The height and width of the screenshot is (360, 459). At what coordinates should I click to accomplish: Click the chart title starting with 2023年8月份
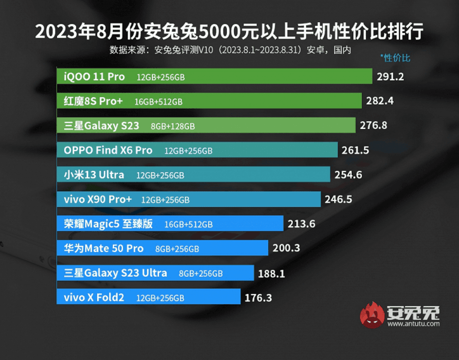click(x=229, y=32)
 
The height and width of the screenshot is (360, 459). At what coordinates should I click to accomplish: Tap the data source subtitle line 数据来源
click(x=230, y=50)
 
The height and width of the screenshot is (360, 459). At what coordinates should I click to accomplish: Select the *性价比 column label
click(x=396, y=58)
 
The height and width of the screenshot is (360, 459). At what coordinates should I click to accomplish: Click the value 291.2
click(x=390, y=77)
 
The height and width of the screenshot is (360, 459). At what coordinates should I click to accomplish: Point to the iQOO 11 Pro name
click(x=94, y=76)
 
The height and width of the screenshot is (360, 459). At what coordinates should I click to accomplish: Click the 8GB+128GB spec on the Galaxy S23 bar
click(x=173, y=126)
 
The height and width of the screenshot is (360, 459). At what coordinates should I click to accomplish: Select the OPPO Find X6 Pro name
click(x=108, y=150)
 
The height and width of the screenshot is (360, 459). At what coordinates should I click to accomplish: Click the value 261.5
click(x=355, y=150)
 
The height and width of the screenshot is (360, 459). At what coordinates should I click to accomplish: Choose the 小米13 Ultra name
click(x=94, y=175)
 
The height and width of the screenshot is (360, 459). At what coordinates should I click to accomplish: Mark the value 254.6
click(x=348, y=175)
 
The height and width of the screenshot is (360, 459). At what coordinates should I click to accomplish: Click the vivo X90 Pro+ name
click(x=98, y=199)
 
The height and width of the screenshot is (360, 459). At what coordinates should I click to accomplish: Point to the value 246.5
click(x=339, y=200)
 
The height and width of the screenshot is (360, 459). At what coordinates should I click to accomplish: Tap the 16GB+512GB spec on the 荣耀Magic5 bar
click(x=188, y=225)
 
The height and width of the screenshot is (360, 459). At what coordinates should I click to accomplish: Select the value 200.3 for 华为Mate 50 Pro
click(x=286, y=248)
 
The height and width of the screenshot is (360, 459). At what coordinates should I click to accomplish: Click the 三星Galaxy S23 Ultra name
click(x=115, y=273)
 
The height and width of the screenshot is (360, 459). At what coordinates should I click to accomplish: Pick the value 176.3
click(x=258, y=298)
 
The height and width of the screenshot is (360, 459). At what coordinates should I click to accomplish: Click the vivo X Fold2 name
click(x=94, y=297)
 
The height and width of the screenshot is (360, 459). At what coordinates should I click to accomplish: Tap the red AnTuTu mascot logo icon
click(x=372, y=315)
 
